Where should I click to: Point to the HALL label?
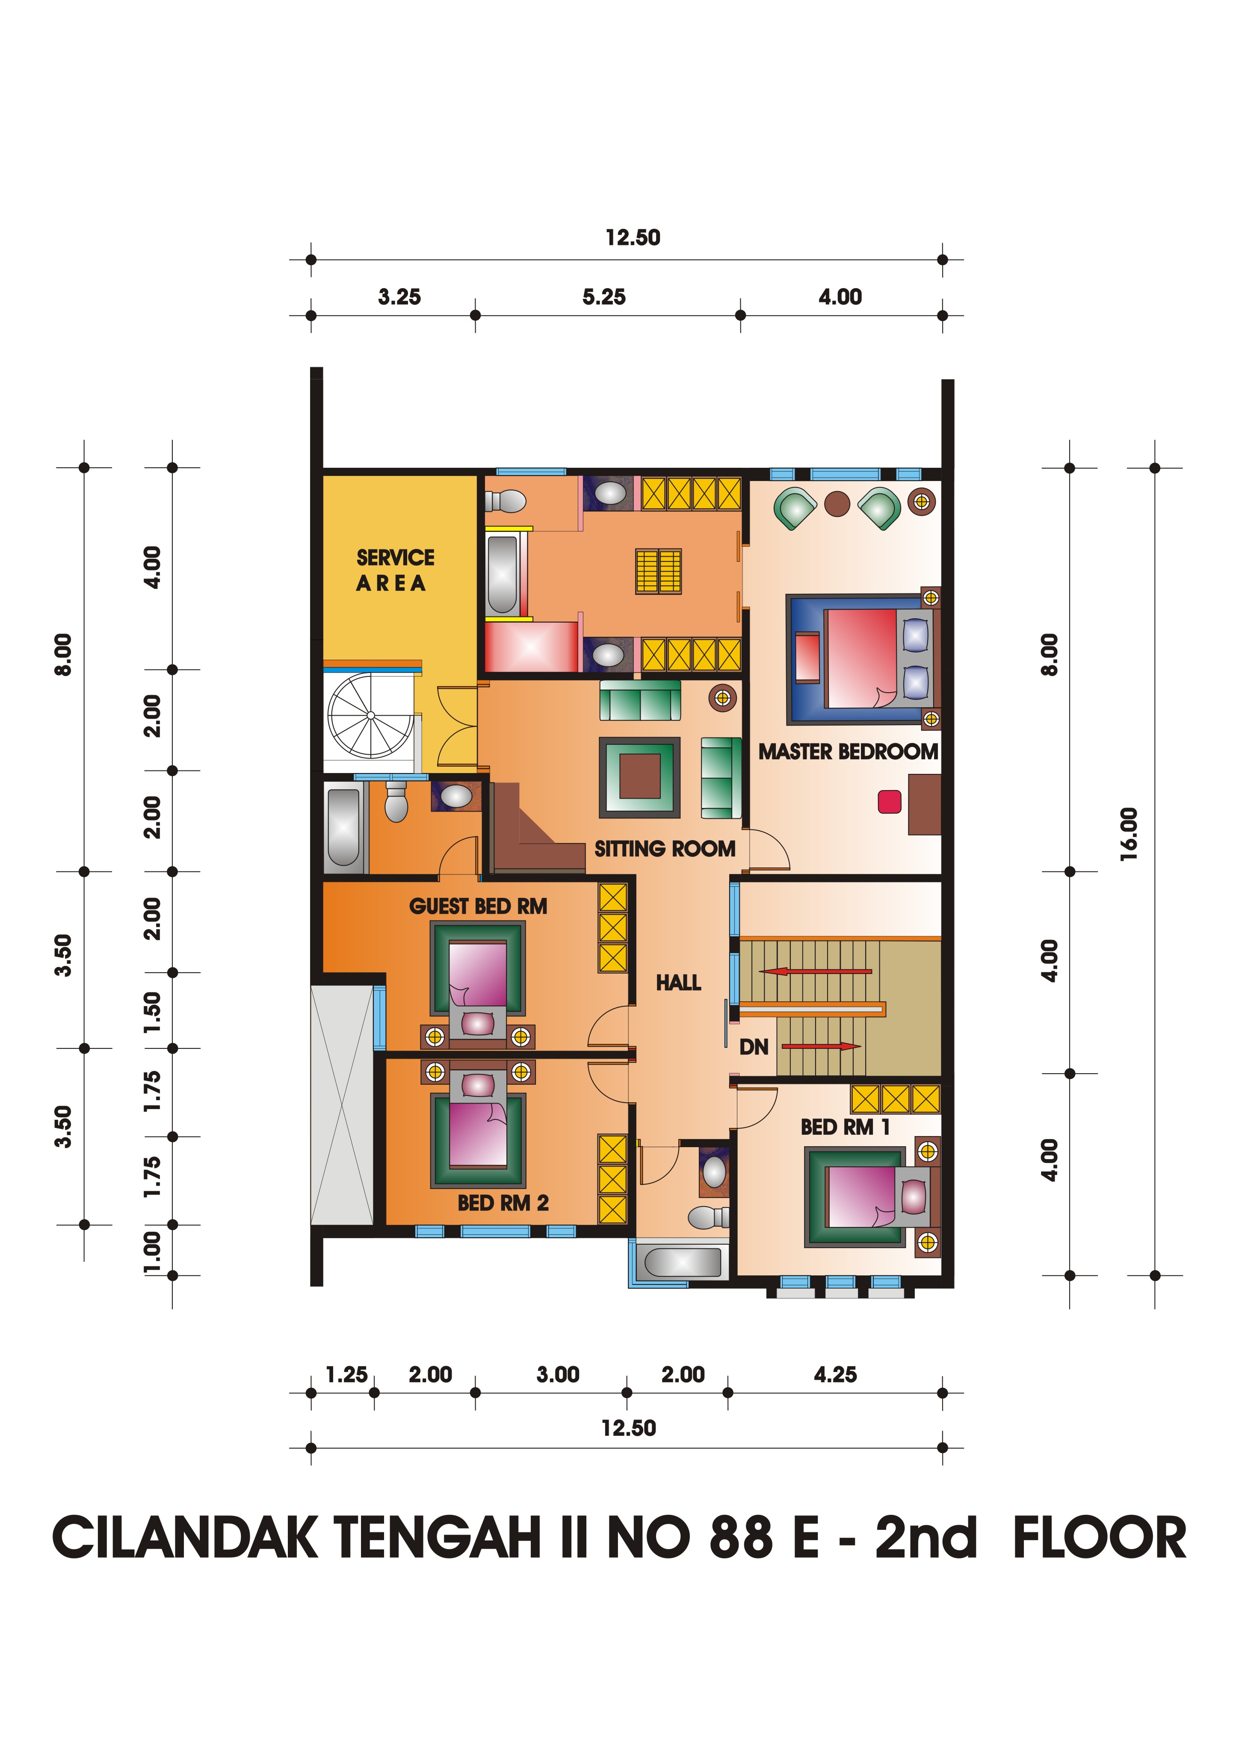pyautogui.click(x=678, y=983)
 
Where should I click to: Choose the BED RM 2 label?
pyautogui.click(x=503, y=1203)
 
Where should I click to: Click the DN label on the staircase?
pyautogui.click(x=754, y=1047)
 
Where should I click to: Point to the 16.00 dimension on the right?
pyautogui.click(x=1129, y=834)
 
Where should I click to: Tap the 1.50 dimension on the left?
pyautogui.click(x=153, y=1011)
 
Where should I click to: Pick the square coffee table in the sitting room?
pyautogui.click(x=639, y=776)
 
